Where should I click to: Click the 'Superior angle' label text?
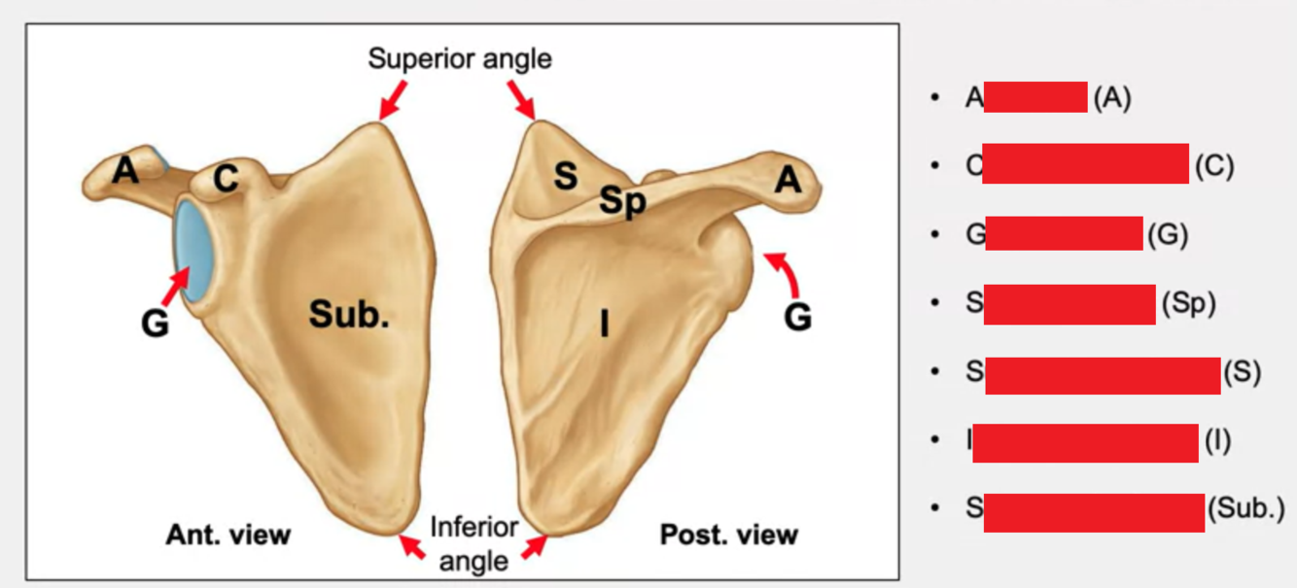coord(459,59)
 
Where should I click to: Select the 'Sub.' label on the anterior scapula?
coord(349,313)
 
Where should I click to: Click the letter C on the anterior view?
coord(226,178)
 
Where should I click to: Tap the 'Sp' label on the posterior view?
coord(622,201)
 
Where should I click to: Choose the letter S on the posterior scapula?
coord(565,177)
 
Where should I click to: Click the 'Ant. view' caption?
coord(228,535)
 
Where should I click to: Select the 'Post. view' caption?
coord(729,535)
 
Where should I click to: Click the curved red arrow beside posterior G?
coord(786,272)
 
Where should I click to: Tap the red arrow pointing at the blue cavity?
coord(175,288)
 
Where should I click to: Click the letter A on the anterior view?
coord(124,171)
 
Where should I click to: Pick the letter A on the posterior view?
coord(789,180)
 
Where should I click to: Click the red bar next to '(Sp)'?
coord(1069,304)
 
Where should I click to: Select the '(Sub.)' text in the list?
coord(1245,508)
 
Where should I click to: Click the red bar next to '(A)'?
coord(1035,97)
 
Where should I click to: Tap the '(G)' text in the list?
coord(1167,235)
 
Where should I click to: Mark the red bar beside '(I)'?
coord(1085,442)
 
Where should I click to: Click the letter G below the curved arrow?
coord(797,317)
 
